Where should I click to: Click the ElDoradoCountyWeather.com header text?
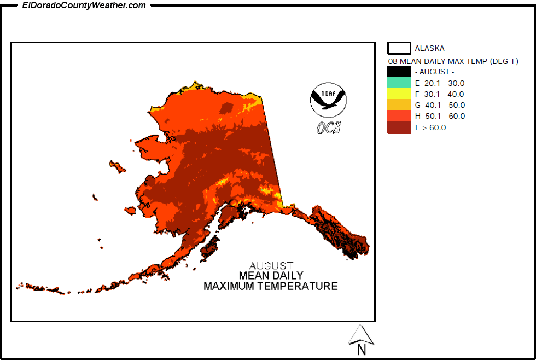pyautogui.click(x=84, y=5)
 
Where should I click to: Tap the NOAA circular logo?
pyautogui.click(x=328, y=99)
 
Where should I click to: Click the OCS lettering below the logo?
pyautogui.click(x=328, y=128)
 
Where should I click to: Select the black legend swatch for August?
pyautogui.click(x=399, y=72)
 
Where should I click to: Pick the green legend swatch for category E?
pyautogui.click(x=399, y=83)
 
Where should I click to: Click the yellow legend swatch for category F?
pyautogui.click(x=399, y=94)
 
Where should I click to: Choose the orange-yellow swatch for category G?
pyautogui.click(x=399, y=105)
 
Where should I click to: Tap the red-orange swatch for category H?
pyautogui.click(x=399, y=116)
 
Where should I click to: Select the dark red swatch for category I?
pyautogui.click(x=399, y=127)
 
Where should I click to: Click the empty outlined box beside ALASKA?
pyautogui.click(x=399, y=48)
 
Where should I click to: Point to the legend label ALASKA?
pyautogui.click(x=429, y=48)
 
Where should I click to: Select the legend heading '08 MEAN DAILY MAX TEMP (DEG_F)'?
pyautogui.click(x=453, y=61)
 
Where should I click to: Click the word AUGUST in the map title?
pyautogui.click(x=271, y=266)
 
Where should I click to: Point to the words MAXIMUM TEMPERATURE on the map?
pyautogui.click(x=271, y=286)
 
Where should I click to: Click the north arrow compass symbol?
pyautogui.click(x=361, y=334)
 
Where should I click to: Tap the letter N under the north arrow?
pyautogui.click(x=361, y=349)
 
